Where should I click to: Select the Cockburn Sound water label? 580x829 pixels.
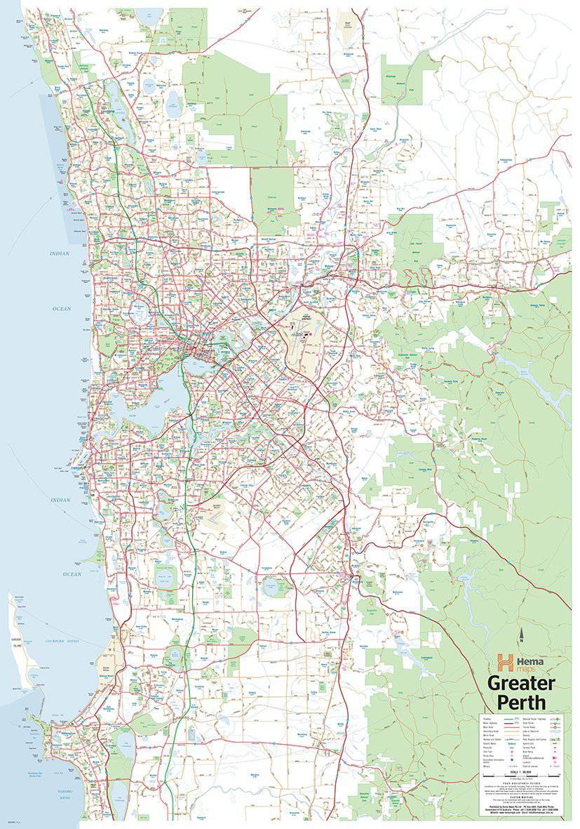coord(65,641)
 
